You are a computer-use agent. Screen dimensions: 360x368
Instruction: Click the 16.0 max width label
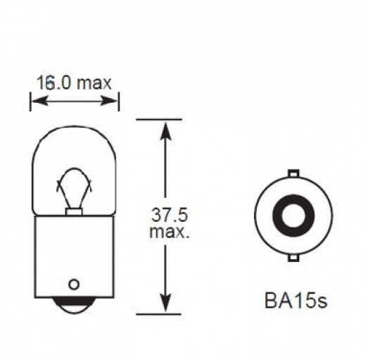pyautogui.click(x=74, y=83)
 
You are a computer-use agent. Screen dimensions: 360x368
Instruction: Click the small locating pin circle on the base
pyautogui.click(x=73, y=284)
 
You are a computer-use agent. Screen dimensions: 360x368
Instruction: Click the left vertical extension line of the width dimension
pyautogui.click(x=30, y=99)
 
